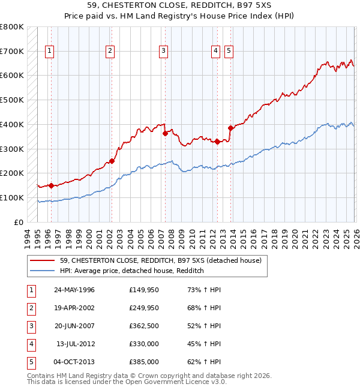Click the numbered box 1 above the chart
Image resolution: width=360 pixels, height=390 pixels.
(x=49, y=52)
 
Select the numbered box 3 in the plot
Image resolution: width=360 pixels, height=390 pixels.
(x=163, y=52)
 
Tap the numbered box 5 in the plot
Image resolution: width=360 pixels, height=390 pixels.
(x=229, y=52)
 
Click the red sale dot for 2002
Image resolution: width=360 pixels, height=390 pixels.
(x=112, y=161)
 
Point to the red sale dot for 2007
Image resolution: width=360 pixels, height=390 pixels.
(x=165, y=134)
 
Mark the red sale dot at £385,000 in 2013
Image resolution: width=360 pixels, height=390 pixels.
(x=230, y=128)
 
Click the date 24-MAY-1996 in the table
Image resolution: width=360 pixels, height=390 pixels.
(x=74, y=290)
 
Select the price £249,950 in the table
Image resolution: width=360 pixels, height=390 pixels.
(x=144, y=308)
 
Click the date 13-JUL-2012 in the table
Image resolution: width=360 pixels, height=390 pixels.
(x=76, y=344)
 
